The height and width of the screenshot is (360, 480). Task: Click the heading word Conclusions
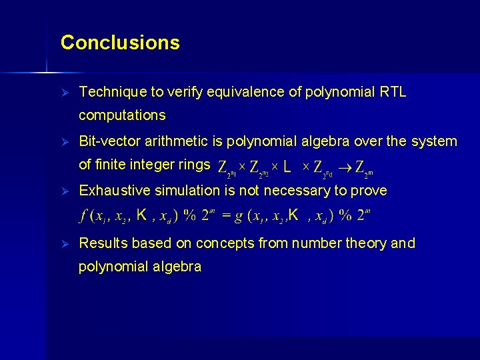(120, 43)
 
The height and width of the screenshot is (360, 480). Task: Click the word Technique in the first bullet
(108, 93)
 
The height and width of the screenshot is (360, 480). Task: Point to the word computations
(122, 115)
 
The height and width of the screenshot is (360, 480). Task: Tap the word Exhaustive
(115, 191)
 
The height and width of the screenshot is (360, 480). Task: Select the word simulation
(184, 191)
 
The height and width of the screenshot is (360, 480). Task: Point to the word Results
(102, 243)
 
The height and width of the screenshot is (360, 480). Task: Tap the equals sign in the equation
(226, 216)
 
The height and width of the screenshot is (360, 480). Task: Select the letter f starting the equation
(83, 216)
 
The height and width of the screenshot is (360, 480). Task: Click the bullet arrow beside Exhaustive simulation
(65, 191)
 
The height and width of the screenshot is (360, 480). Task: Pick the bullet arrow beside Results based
(65, 243)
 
